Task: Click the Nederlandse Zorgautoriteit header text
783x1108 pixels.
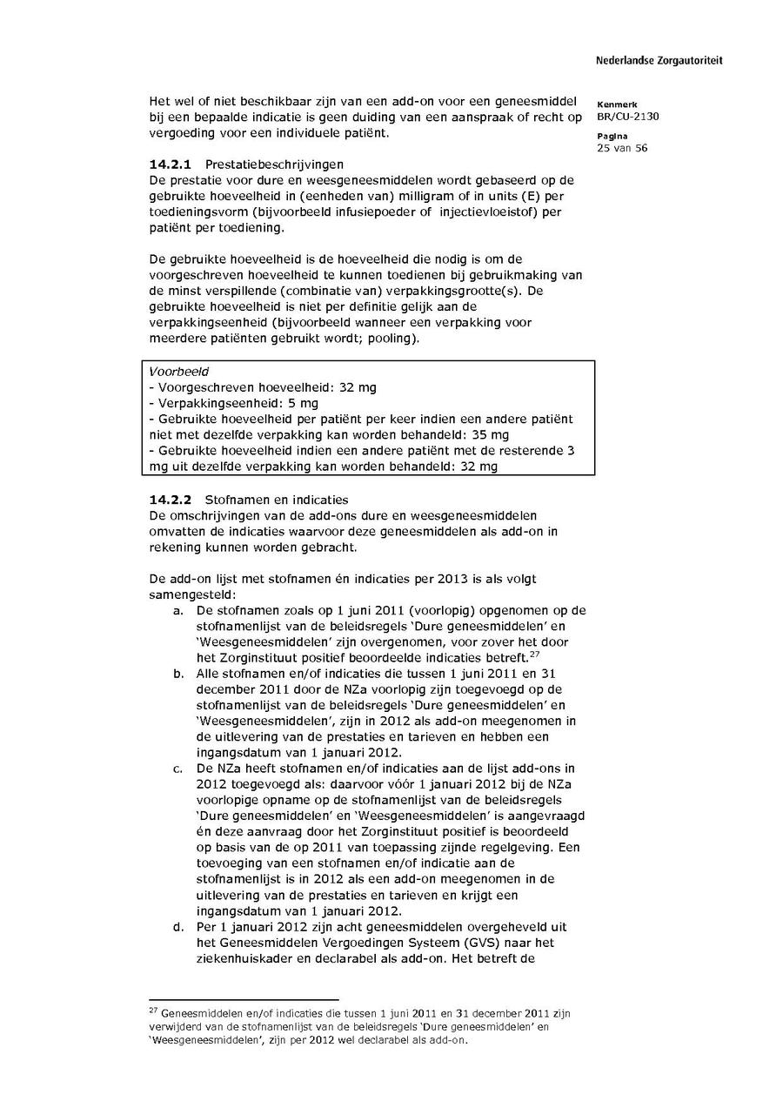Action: coord(659,61)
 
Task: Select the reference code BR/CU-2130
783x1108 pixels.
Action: coord(628,117)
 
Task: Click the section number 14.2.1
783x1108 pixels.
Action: coord(171,165)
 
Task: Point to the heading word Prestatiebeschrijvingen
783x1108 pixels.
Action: coord(274,165)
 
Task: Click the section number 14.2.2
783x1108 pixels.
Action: coord(171,500)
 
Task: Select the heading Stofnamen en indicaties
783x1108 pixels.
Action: coord(276,500)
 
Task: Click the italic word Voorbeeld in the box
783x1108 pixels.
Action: coord(172,371)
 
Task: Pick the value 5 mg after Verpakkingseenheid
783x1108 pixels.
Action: coord(303,403)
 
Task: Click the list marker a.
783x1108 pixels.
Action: coord(178,611)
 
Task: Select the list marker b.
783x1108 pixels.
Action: coord(178,674)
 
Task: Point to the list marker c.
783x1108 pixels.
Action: coord(178,769)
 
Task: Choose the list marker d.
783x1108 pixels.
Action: coord(178,927)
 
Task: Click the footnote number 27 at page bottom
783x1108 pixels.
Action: coord(154,1011)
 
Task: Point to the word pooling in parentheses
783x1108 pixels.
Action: coord(394,338)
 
